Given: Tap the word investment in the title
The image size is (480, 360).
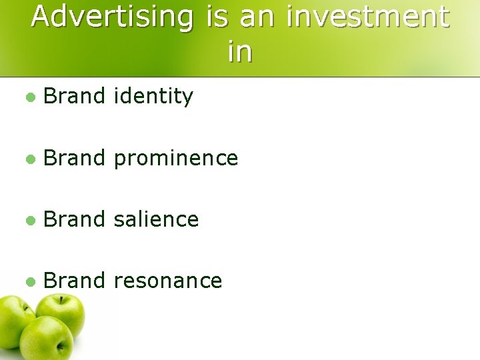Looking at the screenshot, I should (x=368, y=17).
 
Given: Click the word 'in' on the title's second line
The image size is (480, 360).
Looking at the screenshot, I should (x=240, y=52).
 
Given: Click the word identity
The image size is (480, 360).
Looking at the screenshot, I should (x=153, y=97).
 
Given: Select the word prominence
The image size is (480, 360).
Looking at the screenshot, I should (x=175, y=158).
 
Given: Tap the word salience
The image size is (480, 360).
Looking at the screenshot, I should (x=156, y=219).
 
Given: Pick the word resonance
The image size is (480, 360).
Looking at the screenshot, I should (x=167, y=280).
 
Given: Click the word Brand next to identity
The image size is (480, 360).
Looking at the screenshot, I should (x=74, y=97).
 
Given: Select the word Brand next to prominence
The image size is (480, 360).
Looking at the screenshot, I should (x=74, y=158).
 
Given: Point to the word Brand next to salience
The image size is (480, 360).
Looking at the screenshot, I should (x=74, y=219).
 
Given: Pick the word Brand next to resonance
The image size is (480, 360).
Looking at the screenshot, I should (x=74, y=280).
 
